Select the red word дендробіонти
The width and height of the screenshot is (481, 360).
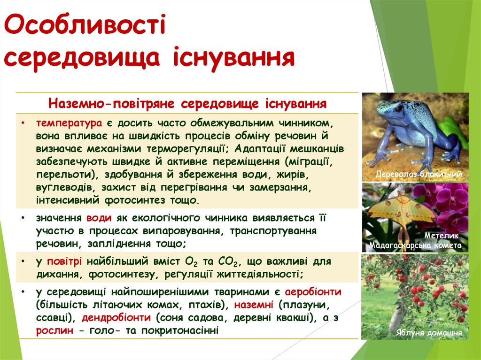coord(116,317)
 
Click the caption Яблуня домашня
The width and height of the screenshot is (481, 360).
coord(428,333)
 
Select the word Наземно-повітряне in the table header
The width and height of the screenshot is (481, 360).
coord(112,103)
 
